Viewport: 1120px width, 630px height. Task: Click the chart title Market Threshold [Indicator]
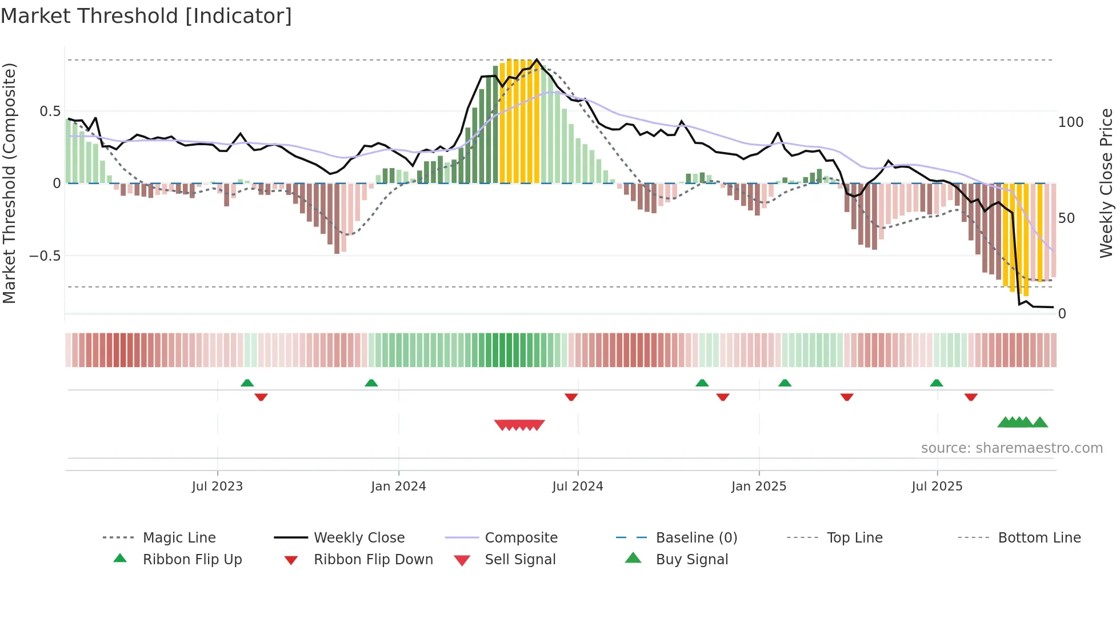(x=146, y=16)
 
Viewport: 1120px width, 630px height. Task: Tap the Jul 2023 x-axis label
(x=217, y=487)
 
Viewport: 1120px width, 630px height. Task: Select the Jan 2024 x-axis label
(x=398, y=487)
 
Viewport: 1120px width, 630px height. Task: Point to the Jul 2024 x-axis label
(x=578, y=487)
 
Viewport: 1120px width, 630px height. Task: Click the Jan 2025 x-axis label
(x=759, y=487)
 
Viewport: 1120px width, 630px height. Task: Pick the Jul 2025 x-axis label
(x=937, y=487)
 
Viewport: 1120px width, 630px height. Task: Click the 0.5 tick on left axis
(x=50, y=111)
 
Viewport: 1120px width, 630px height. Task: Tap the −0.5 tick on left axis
(x=45, y=256)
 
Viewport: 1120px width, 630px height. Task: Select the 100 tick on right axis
(x=1071, y=122)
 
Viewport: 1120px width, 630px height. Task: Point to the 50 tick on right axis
(x=1067, y=218)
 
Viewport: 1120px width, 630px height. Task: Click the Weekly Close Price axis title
(x=1107, y=183)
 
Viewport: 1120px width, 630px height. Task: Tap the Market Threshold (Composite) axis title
(x=10, y=183)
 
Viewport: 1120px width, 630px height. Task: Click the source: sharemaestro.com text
(x=1011, y=448)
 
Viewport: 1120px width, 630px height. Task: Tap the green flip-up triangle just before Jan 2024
(x=371, y=383)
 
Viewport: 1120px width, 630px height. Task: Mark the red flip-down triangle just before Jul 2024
(x=571, y=397)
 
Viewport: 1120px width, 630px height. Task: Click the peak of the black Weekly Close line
(x=537, y=59)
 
